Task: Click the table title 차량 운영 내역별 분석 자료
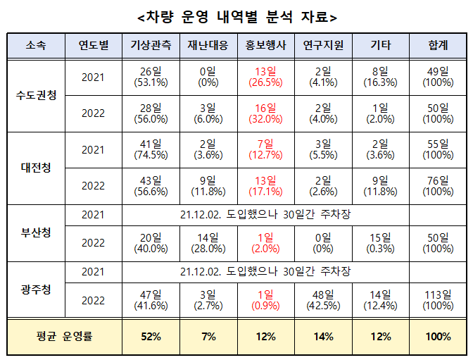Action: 237,16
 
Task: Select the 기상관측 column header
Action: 151,46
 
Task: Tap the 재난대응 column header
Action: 208,46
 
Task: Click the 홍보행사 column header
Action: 265,46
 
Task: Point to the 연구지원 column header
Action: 323,46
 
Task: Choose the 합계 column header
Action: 438,46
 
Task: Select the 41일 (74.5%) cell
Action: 151,149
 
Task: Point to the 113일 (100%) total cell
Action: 438,299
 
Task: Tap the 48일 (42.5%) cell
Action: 323,299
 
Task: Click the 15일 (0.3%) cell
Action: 381,242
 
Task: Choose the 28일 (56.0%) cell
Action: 151,113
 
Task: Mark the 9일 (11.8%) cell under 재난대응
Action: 208,186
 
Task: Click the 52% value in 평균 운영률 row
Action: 151,336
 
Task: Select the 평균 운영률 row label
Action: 64,336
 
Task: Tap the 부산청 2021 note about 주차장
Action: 265,214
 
